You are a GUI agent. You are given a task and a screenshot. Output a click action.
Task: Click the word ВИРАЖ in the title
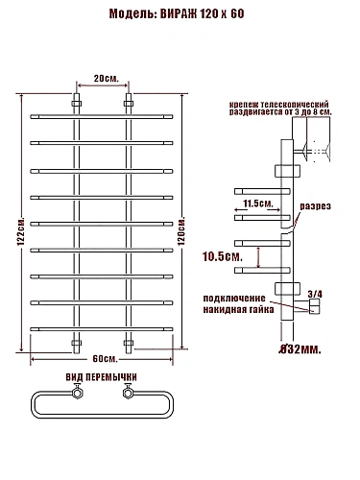tap(179, 14)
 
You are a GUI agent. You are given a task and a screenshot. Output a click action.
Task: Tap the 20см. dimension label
tap(106, 79)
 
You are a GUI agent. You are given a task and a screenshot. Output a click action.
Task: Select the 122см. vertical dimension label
tap(21, 232)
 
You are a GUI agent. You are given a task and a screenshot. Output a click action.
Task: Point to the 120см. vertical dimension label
tap(181, 231)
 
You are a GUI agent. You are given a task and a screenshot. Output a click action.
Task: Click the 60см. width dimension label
tap(106, 359)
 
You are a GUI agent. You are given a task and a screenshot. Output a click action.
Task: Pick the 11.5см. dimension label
tap(258, 204)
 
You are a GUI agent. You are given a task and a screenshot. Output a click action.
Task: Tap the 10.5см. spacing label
tap(222, 256)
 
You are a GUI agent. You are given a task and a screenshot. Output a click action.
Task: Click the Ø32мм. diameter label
tap(300, 349)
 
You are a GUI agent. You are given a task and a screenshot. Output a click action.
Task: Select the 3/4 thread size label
tap(315, 294)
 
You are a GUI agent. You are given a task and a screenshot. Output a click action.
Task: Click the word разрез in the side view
tap(315, 206)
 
